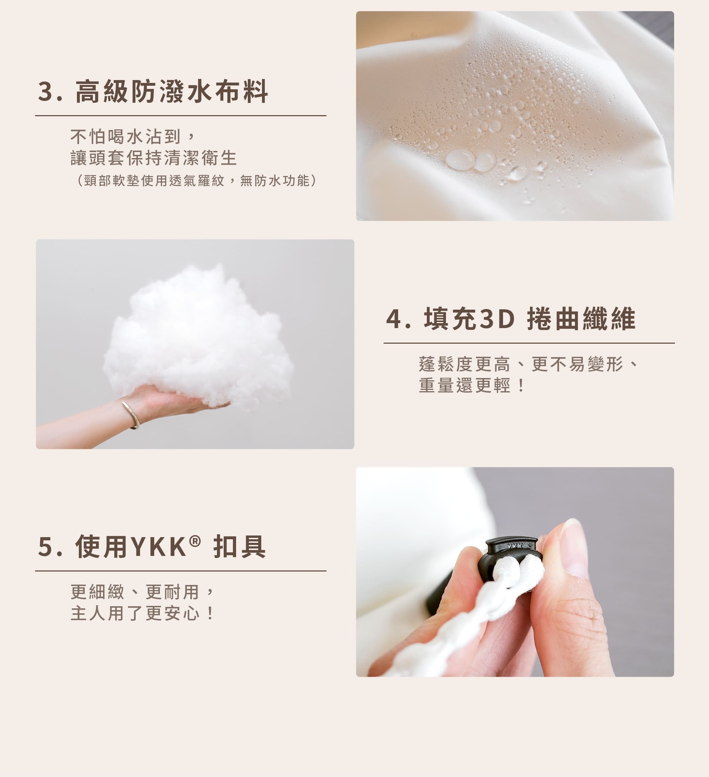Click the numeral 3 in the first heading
(45, 92)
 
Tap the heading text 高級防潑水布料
(171, 92)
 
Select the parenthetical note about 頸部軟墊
(197, 180)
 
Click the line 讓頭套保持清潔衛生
(153, 158)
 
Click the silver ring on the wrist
(131, 415)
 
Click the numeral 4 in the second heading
(394, 319)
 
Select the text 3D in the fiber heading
(497, 319)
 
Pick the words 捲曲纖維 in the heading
(581, 319)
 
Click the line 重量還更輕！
(472, 385)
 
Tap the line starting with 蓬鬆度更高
(528, 364)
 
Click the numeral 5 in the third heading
(45, 546)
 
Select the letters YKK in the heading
(159, 546)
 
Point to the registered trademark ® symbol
(195, 541)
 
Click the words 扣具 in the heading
(239, 546)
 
